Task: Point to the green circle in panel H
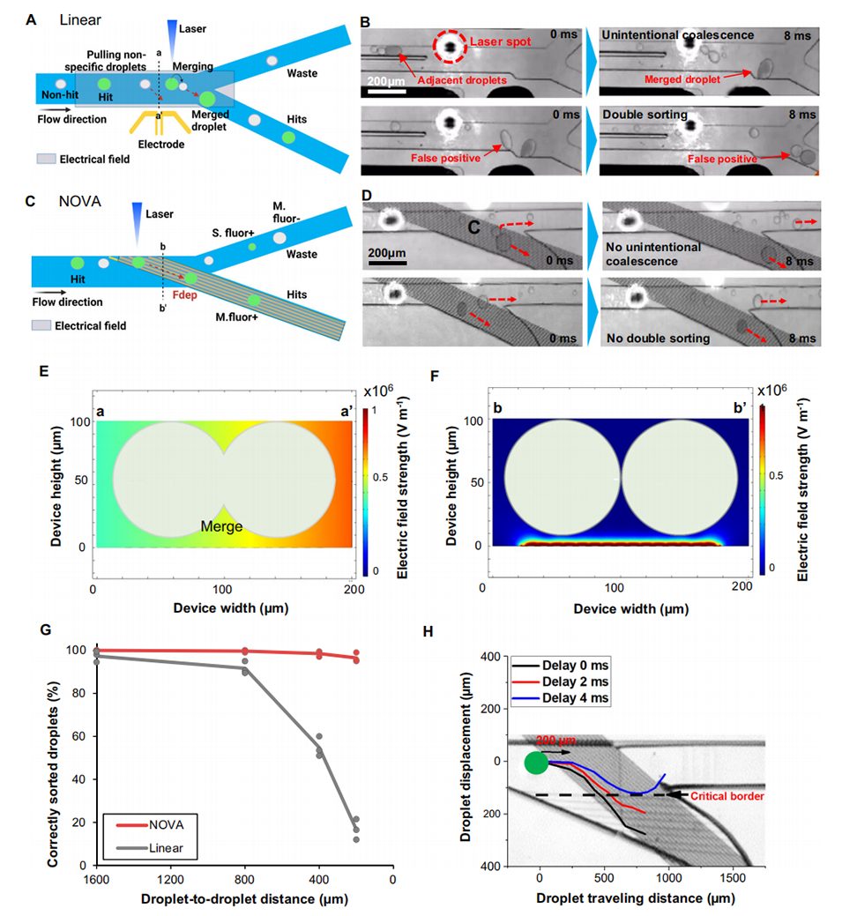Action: pos(536,763)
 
